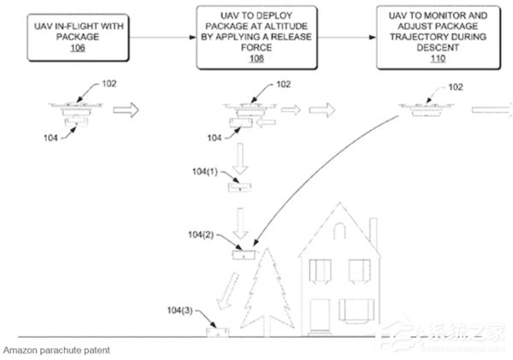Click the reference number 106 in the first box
point(78,48)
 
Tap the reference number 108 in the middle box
point(256,58)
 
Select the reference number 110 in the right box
point(438,58)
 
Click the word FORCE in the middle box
point(256,48)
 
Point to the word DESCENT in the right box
point(438,48)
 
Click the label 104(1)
point(205,172)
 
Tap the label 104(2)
point(201,234)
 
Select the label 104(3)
point(180,310)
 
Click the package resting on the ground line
point(217,332)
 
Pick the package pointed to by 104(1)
point(239,187)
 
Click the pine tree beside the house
point(267,292)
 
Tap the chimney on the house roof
point(374,234)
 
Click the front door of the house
point(320,316)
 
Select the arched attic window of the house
point(339,230)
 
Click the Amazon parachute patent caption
point(56,351)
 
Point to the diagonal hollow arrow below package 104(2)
point(227,291)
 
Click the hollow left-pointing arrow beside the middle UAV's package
point(266,123)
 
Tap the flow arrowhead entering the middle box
point(192,38)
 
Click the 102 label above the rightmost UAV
point(456,87)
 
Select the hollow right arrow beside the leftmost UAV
point(126,110)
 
